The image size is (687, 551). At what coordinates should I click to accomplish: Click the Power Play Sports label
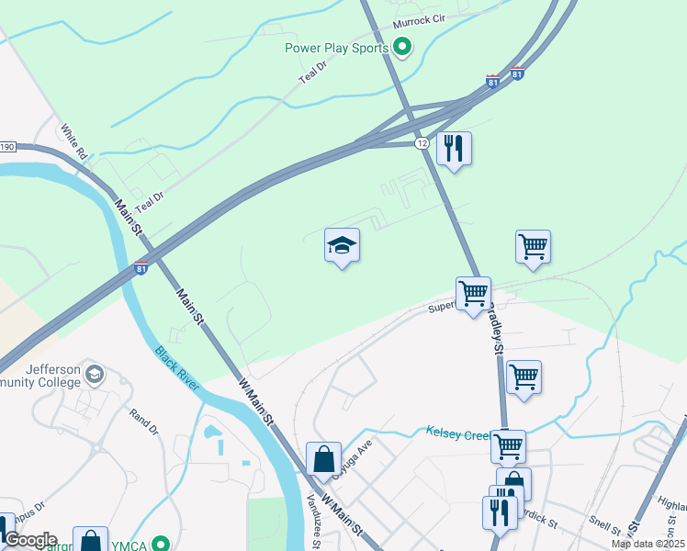(336, 47)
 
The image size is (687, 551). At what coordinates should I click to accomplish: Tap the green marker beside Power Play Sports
(401, 46)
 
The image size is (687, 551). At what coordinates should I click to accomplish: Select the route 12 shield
(422, 143)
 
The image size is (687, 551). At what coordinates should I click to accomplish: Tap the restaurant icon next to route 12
(453, 148)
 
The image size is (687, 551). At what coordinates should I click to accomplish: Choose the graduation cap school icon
(342, 246)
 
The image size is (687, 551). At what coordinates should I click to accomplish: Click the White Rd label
(73, 143)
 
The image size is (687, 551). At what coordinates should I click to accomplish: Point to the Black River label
(177, 368)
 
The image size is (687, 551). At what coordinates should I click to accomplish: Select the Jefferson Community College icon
(96, 375)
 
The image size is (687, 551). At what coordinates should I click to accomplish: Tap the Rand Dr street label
(144, 422)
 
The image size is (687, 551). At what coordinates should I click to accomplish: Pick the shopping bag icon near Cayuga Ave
(325, 459)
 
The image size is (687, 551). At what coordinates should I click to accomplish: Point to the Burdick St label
(538, 518)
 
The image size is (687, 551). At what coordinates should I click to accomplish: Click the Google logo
(29, 540)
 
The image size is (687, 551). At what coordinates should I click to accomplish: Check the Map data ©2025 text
(648, 544)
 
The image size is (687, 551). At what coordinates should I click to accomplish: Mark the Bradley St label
(496, 331)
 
